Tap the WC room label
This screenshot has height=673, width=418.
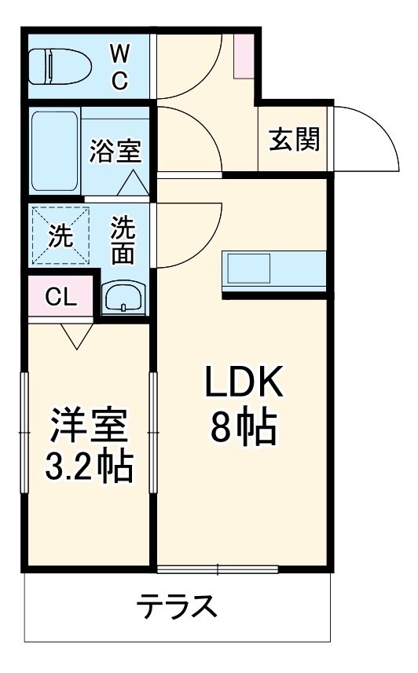pyautogui.click(x=120, y=67)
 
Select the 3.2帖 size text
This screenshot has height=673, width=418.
pyautogui.click(x=88, y=468)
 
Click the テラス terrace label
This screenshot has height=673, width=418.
pyautogui.click(x=178, y=605)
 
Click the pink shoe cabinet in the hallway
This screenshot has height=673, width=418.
pyautogui.click(x=244, y=56)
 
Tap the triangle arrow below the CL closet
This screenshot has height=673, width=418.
pyautogui.click(x=76, y=336)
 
